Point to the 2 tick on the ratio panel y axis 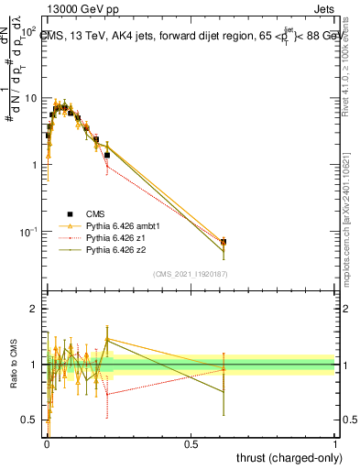(33, 309)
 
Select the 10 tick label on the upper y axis (29, 98)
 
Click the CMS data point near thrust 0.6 (224, 242)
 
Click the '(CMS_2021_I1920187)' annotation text (190, 273)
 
